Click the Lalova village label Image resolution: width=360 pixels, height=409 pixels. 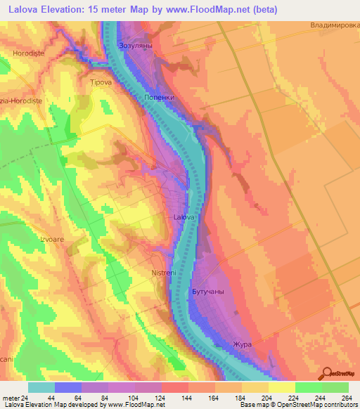184,218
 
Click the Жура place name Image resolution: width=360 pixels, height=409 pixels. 242,344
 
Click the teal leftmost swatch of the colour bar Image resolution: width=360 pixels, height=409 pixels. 41,387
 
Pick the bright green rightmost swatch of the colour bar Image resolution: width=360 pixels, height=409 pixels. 335,387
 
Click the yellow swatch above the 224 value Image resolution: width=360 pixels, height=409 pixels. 281,387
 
